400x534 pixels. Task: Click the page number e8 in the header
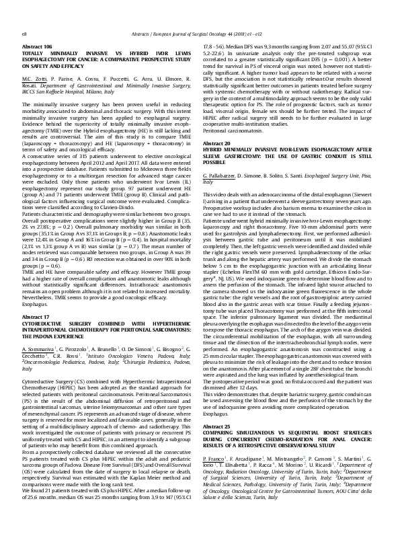tap(25, 14)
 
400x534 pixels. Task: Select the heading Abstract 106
tap(38, 28)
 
